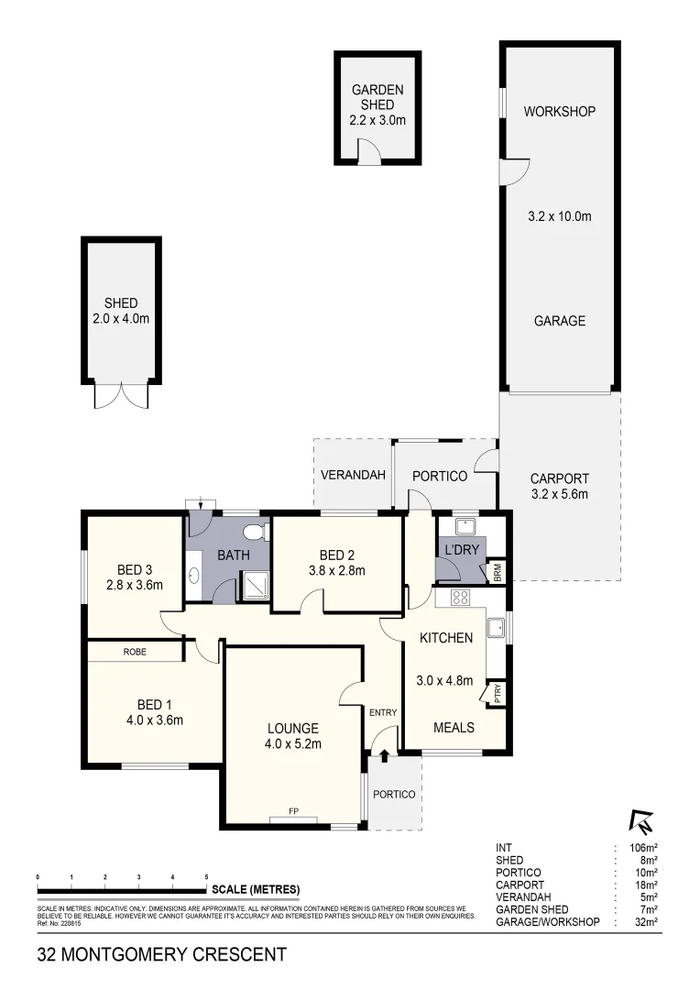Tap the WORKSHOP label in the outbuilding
pyautogui.click(x=559, y=112)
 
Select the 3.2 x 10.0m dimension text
pyautogui.click(x=559, y=217)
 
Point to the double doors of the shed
pyautogui.click(x=121, y=395)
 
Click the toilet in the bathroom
pyautogui.click(x=256, y=532)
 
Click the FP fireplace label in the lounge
pyautogui.click(x=293, y=811)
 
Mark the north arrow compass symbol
pyautogui.click(x=640, y=820)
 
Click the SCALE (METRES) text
pyautogui.click(x=256, y=889)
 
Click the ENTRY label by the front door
pyautogui.click(x=382, y=712)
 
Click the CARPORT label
pyautogui.click(x=559, y=478)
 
